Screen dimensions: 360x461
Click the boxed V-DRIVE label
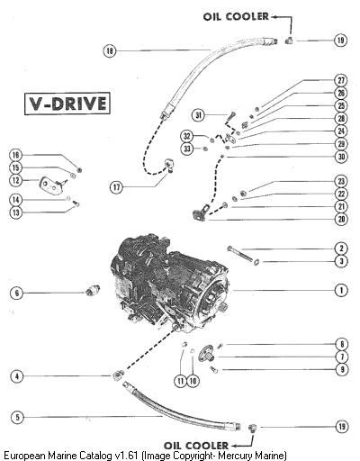[67, 104]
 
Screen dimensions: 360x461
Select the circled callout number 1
[341, 290]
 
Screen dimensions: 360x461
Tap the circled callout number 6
[17, 293]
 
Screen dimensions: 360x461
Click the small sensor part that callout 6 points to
[92, 291]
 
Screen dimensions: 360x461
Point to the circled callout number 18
[110, 50]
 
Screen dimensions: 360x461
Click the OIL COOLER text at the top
[236, 16]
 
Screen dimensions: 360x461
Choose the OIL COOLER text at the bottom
[196, 445]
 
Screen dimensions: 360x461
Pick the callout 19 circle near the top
[341, 40]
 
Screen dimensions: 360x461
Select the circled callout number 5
[17, 417]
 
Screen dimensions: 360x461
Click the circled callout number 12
[16, 180]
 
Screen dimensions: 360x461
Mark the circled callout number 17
[116, 187]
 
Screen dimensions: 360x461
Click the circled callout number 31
[198, 115]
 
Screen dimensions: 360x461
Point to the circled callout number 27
[341, 80]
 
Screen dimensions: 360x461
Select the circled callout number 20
[341, 219]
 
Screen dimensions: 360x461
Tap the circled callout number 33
[187, 149]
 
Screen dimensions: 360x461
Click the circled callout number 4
[17, 376]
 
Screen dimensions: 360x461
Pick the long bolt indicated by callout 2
[241, 254]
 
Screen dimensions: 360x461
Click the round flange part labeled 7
[206, 353]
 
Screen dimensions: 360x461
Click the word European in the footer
[25, 456]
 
